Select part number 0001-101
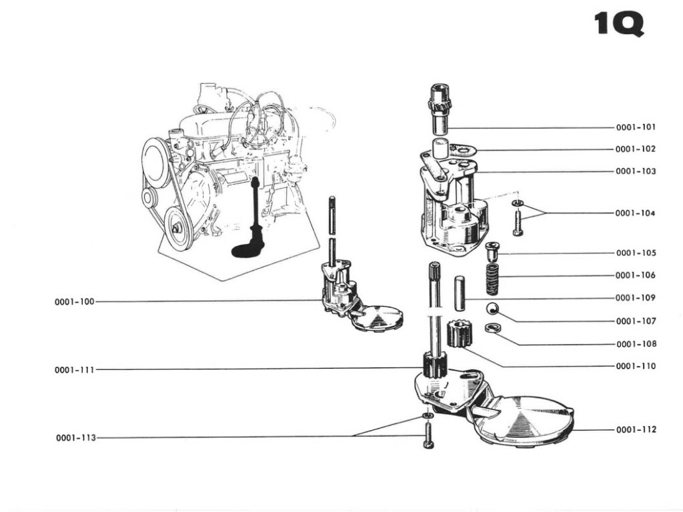click(636, 127)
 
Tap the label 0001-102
click(636, 149)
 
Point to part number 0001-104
click(636, 213)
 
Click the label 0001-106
click(636, 275)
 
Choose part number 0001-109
click(636, 297)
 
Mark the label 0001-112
click(636, 429)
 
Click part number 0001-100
click(75, 301)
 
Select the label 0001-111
click(75, 369)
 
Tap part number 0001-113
click(75, 437)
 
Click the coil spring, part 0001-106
click(492, 279)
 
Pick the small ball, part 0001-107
click(492, 308)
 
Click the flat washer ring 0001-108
click(494, 328)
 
